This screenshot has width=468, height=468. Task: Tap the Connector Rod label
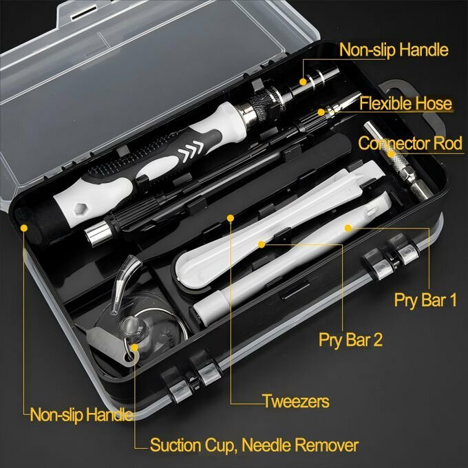pyautogui.click(x=410, y=145)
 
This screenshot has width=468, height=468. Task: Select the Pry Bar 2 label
pyautogui.click(x=350, y=339)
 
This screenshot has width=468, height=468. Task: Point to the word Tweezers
pyautogui.click(x=296, y=401)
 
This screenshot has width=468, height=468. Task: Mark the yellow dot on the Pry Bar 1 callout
pyautogui.click(x=348, y=226)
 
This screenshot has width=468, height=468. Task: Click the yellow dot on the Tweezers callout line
pyautogui.click(x=230, y=219)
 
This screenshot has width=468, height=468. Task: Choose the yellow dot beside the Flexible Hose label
pyautogui.click(x=321, y=111)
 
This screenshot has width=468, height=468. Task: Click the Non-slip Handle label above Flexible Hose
pyautogui.click(x=394, y=50)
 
